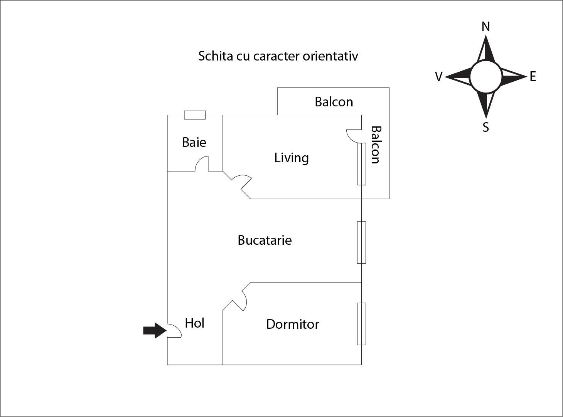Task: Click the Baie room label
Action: [194, 142]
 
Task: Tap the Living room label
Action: [292, 158]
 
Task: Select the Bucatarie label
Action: [265, 240]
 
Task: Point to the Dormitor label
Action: [292, 325]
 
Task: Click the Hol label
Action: [194, 323]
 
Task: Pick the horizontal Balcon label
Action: [334, 102]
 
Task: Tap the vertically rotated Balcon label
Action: [376, 145]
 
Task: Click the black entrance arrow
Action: [155, 330]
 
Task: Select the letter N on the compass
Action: [485, 27]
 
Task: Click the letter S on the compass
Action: [485, 127]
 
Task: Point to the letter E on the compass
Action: [533, 76]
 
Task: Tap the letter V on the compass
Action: [438, 77]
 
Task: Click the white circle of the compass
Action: [486, 77]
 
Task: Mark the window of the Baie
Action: [195, 115]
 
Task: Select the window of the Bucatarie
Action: [361, 242]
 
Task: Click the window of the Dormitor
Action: [361, 324]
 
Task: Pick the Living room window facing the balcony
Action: [361, 164]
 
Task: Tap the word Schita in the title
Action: [216, 56]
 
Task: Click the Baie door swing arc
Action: [202, 163]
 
